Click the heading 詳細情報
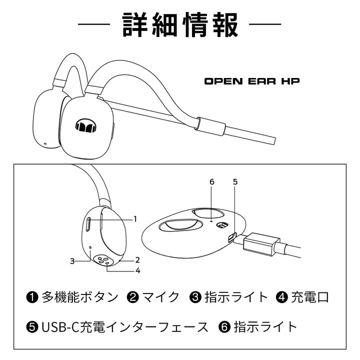tap(180, 24)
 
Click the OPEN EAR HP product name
tap(252, 80)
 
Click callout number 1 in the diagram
tap(135, 218)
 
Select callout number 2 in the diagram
tap(136, 260)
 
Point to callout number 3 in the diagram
tap(72, 260)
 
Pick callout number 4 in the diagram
tap(137, 271)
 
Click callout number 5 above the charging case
tap(235, 182)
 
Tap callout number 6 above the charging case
tap(211, 182)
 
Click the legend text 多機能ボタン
tap(80, 297)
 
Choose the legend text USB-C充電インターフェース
tap(124, 327)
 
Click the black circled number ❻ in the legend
tap(224, 328)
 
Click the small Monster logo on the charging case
tap(220, 226)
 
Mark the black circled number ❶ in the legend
tap(32, 297)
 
